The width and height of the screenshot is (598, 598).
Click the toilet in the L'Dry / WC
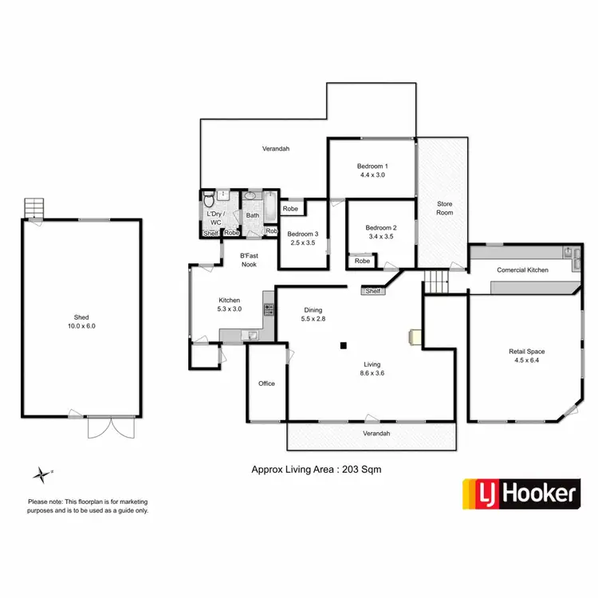208,199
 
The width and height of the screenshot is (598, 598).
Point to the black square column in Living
343,345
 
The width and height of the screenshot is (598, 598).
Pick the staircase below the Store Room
435,281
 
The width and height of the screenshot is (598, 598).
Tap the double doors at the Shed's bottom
105,427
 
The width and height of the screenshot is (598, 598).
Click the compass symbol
41,474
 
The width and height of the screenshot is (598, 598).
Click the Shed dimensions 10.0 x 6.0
81,326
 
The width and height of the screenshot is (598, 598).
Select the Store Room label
444,208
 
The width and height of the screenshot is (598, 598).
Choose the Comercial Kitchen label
522,270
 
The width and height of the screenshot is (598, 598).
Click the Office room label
266,384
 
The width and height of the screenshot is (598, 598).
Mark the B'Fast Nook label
249,260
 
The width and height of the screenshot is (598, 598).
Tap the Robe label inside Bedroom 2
362,261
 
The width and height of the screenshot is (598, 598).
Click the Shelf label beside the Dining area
372,292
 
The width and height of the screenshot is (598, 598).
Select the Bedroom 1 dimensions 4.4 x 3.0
372,175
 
